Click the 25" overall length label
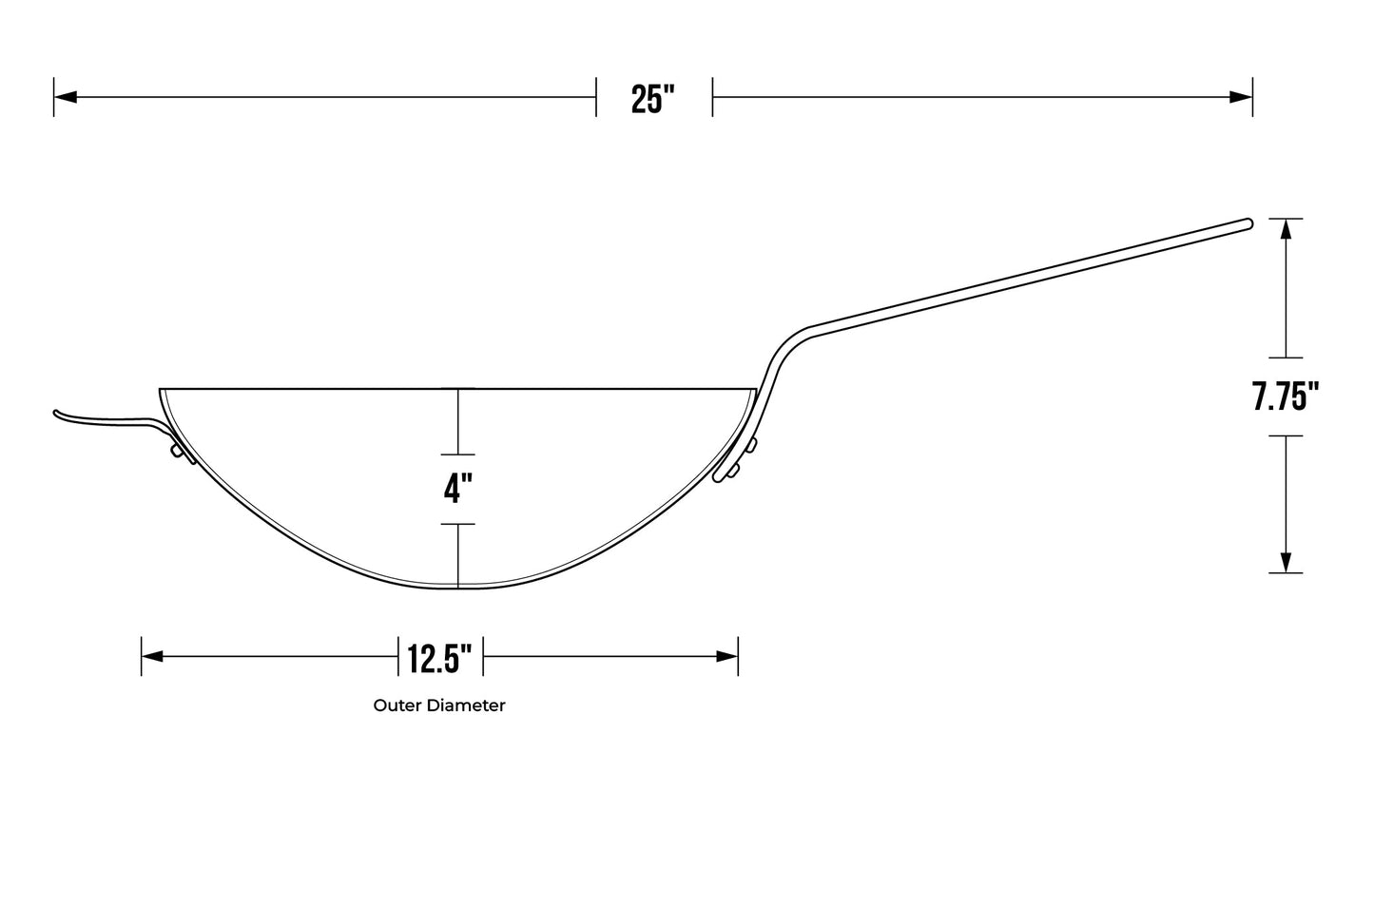tap(652, 100)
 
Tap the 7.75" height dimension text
tap(1285, 396)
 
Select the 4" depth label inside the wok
tap(458, 489)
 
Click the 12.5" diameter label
tap(440, 658)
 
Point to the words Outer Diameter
tap(439, 705)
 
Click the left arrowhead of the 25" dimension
tap(66, 97)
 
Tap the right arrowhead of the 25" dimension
tap(1240, 97)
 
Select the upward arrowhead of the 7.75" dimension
tap(1286, 229)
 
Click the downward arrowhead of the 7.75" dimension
tap(1286, 562)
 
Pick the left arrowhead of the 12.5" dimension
tap(153, 656)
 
